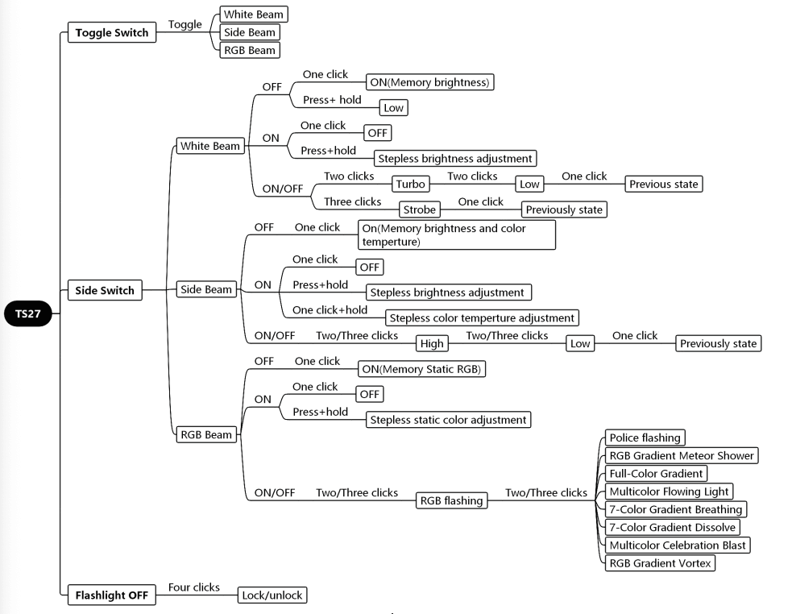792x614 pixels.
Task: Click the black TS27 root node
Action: pyautogui.click(x=29, y=314)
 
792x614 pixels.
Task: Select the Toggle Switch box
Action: pyautogui.click(x=111, y=32)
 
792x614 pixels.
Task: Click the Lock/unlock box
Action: pyautogui.click(x=272, y=595)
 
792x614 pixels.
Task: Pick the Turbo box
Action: pyautogui.click(x=410, y=185)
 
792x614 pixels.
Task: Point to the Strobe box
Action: pyautogui.click(x=419, y=210)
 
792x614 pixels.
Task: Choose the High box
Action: pyautogui.click(x=432, y=343)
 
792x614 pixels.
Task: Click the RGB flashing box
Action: pyautogui.click(x=451, y=500)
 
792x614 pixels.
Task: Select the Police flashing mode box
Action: pyautogui.click(x=645, y=438)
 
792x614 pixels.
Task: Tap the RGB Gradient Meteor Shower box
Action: pyautogui.click(x=682, y=455)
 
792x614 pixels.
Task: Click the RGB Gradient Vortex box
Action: pyautogui.click(x=660, y=563)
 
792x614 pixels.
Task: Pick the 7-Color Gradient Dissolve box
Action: pyautogui.click(x=672, y=527)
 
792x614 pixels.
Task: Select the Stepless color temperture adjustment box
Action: pyautogui.click(x=481, y=317)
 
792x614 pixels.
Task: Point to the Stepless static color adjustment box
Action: pyautogui.click(x=448, y=419)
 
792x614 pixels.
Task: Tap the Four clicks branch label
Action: pyautogui.click(x=194, y=587)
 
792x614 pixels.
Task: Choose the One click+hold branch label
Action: pyautogui.click(x=330, y=309)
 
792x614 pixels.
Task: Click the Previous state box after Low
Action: pyautogui.click(x=663, y=184)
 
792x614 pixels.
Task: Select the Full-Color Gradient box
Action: pyautogui.click(x=657, y=473)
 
